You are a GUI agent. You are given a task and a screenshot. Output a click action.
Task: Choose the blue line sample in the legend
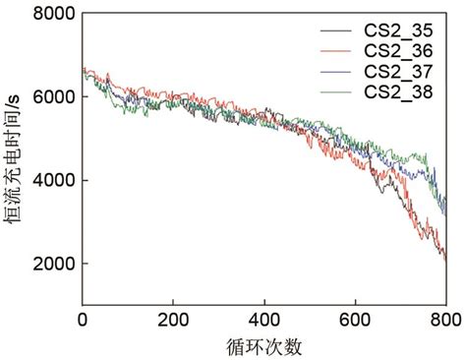pos(337,72)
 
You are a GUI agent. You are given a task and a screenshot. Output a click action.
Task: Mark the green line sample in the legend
pos(337,92)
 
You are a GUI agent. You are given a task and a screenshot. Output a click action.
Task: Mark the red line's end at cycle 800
pos(444,260)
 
